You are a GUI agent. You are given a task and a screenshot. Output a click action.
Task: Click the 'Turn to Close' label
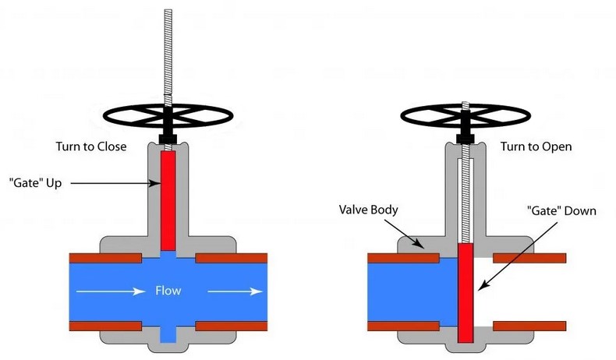97,146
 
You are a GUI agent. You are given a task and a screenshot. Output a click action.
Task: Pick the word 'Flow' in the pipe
168,291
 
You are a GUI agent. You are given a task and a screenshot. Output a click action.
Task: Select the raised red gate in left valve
168,199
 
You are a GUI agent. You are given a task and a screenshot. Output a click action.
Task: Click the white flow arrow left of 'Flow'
109,292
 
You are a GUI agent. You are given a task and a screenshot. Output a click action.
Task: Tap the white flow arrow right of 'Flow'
234,292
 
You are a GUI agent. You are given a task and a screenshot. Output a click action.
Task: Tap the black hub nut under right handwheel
465,138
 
